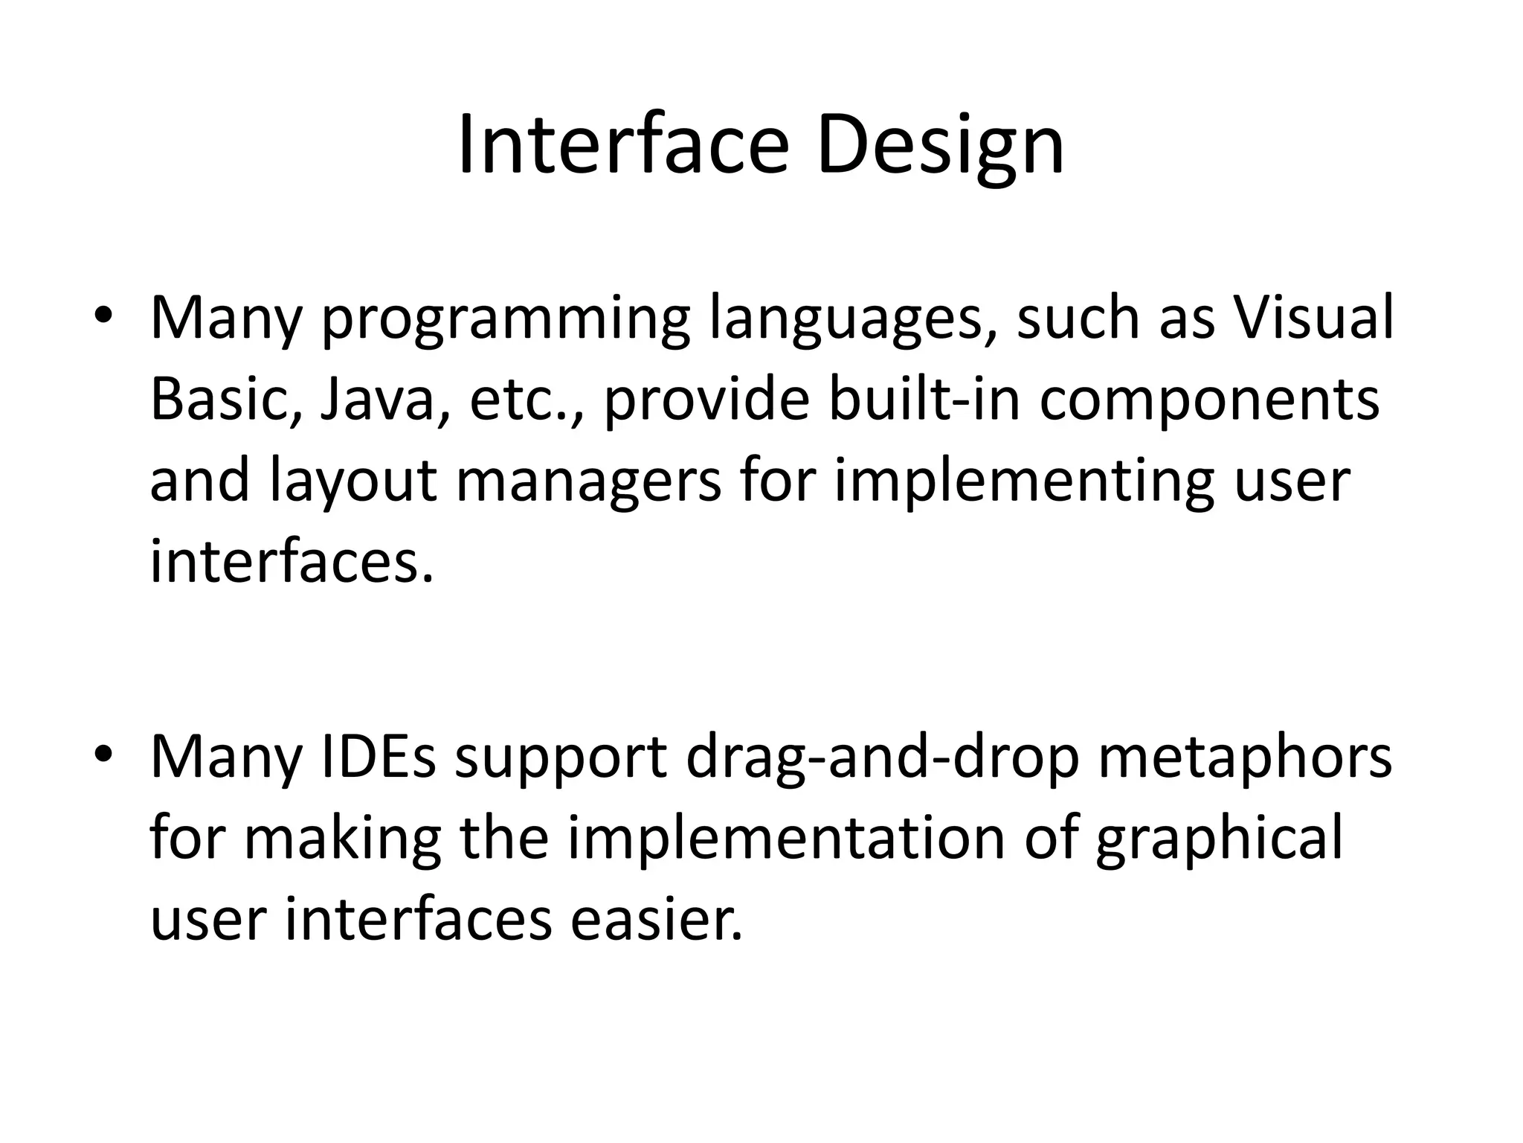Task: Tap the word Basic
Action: click(x=225, y=400)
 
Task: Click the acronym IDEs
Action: click(x=378, y=757)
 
